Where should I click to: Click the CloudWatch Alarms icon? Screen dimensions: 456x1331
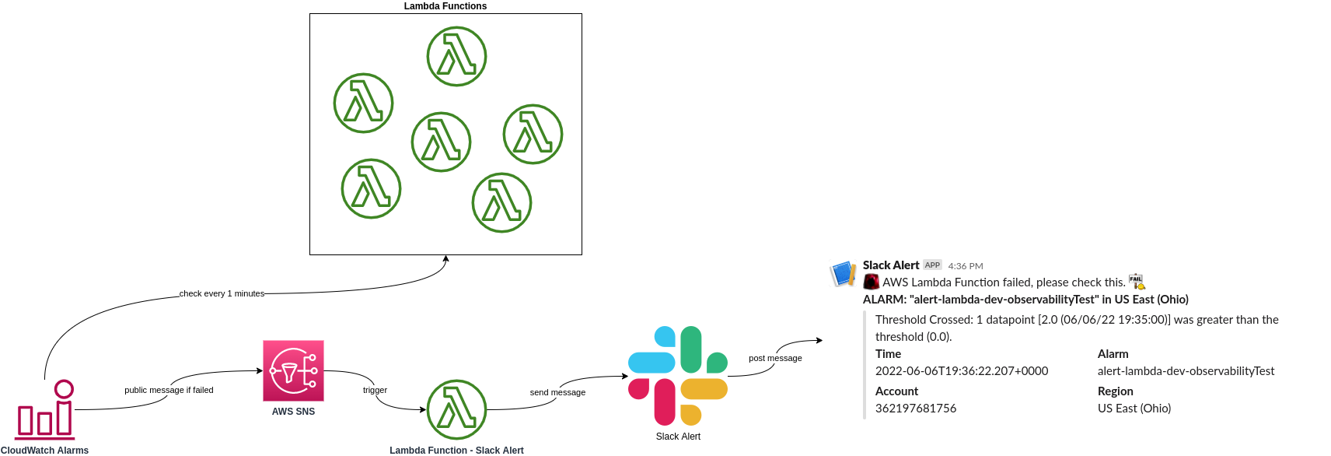coord(45,409)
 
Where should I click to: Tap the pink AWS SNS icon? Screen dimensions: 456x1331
coord(293,370)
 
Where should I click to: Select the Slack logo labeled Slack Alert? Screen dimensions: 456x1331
coord(678,376)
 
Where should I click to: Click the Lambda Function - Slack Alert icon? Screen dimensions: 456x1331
coord(456,409)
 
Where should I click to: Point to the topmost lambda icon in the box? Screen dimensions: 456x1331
coord(456,56)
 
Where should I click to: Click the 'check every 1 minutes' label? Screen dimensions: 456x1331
coord(222,293)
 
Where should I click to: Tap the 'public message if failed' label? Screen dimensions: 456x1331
coord(169,390)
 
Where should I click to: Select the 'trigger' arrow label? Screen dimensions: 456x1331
coord(375,390)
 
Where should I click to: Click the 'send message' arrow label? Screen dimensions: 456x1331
coord(557,392)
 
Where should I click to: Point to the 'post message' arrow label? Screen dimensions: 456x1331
coord(775,358)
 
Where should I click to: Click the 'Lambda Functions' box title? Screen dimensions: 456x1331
coord(445,6)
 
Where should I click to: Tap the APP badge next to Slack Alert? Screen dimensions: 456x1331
coord(932,265)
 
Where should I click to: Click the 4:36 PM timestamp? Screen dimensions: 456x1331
coord(966,266)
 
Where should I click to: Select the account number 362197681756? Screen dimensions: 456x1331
coord(916,409)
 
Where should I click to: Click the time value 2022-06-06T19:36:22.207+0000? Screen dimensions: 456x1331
coord(962,371)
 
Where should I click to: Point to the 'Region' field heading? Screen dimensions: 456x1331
coord(1115,391)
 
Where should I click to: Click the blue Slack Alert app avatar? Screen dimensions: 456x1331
coord(843,274)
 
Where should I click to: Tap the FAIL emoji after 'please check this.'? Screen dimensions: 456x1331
coord(1137,282)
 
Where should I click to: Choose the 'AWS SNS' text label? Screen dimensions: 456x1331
coord(293,412)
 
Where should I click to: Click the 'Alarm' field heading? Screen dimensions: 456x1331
coord(1113,354)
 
